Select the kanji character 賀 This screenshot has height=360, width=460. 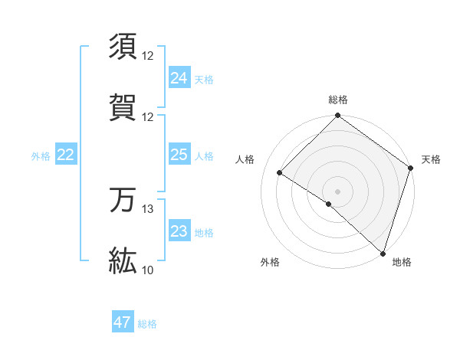tap(123, 107)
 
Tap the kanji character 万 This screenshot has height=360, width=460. tap(123, 200)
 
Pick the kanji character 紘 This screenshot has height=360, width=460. tap(123, 260)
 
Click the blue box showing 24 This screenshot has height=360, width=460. tap(179, 78)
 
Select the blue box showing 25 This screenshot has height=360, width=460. tap(179, 155)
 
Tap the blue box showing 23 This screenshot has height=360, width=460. tap(179, 231)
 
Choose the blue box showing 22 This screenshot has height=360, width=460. tap(65, 155)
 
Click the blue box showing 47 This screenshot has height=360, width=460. tap(123, 322)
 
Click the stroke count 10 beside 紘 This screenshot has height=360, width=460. tap(148, 270)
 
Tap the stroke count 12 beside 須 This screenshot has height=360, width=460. tap(148, 56)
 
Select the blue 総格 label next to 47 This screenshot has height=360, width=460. tap(147, 324)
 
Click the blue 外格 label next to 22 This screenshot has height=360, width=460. tap(41, 156)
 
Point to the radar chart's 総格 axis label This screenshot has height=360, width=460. tap(338, 100)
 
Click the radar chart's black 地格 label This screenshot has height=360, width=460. tap(402, 263)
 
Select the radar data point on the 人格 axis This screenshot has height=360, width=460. tap(280, 173)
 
